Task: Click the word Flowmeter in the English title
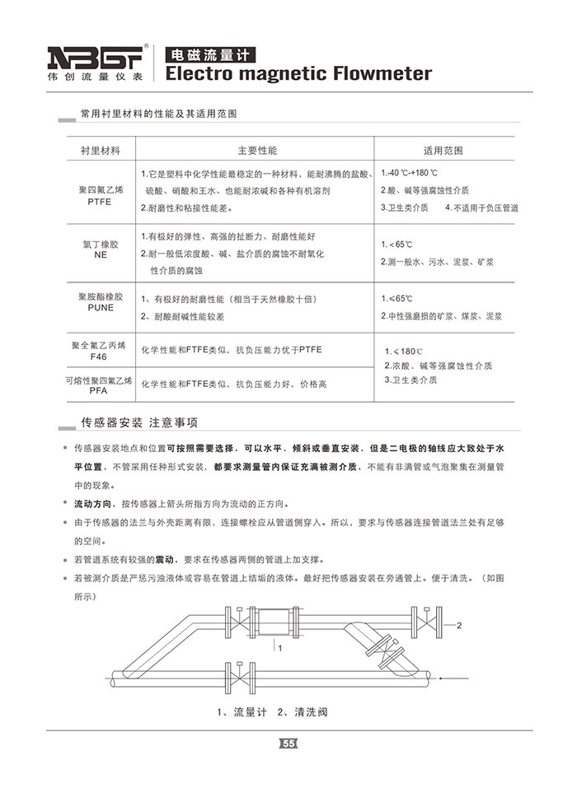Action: [x=382, y=74]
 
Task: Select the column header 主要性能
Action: [x=256, y=151]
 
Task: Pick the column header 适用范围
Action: [x=443, y=151]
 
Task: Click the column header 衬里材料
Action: [x=100, y=151]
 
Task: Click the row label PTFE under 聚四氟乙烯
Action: [x=99, y=200]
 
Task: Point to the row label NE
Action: [x=100, y=255]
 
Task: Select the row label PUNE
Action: [x=100, y=307]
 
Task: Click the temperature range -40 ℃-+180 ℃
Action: [x=410, y=174]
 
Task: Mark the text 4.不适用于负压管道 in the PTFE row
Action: [x=481, y=207]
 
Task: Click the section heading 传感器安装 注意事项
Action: [x=138, y=423]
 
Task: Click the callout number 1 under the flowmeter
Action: [x=281, y=650]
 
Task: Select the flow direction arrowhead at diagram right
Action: [x=443, y=678]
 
